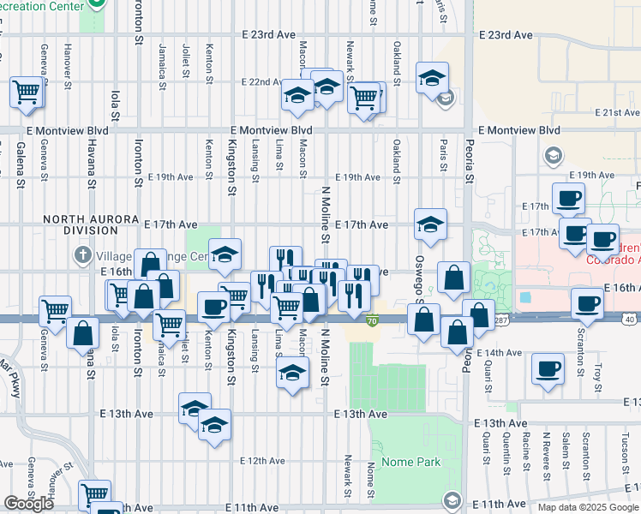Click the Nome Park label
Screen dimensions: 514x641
(x=416, y=462)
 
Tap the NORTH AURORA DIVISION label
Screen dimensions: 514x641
(x=81, y=224)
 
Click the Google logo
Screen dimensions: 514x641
(x=28, y=504)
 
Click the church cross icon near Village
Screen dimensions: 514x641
(x=82, y=254)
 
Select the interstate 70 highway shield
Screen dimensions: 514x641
(x=372, y=320)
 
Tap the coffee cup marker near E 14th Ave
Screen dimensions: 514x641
(x=548, y=370)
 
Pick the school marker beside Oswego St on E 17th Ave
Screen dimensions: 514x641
(x=428, y=225)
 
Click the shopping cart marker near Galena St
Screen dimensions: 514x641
(x=27, y=92)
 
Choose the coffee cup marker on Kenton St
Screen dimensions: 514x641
(x=213, y=307)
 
